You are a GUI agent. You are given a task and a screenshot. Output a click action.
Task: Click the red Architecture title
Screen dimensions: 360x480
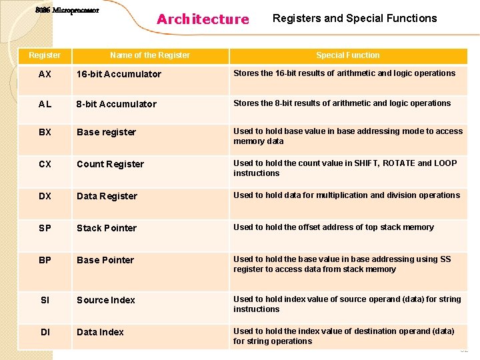[203, 19]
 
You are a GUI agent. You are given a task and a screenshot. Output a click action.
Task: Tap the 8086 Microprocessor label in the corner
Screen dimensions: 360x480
[67, 11]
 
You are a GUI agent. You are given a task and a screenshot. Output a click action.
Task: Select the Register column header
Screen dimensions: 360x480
[45, 55]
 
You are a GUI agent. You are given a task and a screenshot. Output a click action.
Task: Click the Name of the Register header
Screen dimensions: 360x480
[150, 55]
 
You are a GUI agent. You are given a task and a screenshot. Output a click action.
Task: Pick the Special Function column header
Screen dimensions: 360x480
[348, 55]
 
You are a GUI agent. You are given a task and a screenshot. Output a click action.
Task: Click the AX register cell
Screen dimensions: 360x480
[45, 74]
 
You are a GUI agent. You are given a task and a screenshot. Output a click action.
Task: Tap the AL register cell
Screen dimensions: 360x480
[45, 104]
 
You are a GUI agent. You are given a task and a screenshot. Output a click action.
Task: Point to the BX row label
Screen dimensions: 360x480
[45, 132]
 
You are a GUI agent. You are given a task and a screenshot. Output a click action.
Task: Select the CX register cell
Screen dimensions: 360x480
[45, 164]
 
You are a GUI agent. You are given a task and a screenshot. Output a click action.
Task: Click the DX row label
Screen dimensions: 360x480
[45, 196]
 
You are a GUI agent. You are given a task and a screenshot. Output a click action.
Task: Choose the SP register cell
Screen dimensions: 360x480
[45, 228]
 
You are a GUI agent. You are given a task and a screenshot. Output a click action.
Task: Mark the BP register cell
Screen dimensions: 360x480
[45, 260]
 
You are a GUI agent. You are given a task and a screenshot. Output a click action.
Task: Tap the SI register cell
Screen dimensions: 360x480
[45, 300]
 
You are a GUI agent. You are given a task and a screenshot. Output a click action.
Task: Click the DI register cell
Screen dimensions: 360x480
[45, 332]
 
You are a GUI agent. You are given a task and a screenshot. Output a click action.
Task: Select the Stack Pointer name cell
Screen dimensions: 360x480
[107, 228]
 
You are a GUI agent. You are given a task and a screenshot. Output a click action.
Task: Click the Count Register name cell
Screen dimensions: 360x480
[110, 164]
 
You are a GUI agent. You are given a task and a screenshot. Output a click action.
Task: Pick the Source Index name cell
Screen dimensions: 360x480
[106, 300]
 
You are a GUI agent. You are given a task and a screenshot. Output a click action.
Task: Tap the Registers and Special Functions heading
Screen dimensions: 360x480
[355, 19]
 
